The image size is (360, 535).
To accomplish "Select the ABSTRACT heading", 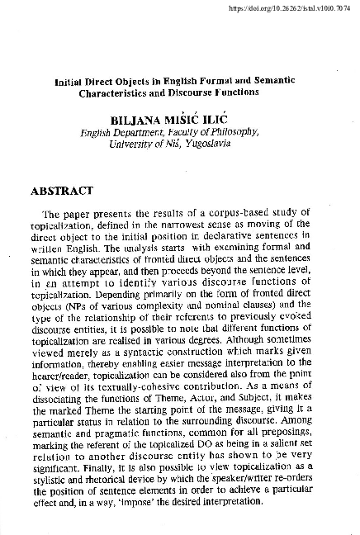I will pos(64,191).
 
